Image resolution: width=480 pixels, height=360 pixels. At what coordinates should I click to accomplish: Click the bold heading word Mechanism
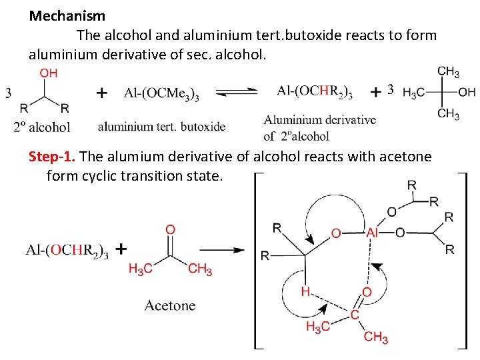[67, 15]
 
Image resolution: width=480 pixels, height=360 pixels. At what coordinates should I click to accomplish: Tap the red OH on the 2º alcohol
[49, 73]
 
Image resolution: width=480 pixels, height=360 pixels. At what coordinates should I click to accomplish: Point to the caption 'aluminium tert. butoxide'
[161, 126]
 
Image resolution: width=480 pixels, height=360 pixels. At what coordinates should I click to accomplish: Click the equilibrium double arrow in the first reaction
[237, 92]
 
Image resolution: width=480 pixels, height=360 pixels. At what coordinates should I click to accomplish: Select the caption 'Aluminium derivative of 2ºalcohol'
[319, 127]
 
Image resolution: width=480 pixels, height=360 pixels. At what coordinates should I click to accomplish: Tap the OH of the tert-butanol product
[467, 92]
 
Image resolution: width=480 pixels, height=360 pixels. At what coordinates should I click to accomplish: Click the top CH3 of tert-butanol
[448, 71]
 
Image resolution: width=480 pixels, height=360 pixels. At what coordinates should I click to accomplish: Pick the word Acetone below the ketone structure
[170, 305]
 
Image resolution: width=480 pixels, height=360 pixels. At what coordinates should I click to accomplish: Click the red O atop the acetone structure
[171, 229]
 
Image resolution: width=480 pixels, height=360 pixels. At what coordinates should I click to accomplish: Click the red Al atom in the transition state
[374, 233]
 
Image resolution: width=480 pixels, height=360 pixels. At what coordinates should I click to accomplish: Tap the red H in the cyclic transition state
[305, 291]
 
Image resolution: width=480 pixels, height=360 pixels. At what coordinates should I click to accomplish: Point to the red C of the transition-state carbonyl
[355, 314]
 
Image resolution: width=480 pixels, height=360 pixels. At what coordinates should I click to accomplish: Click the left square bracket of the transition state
[257, 260]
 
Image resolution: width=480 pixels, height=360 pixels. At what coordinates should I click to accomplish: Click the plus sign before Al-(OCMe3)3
[101, 93]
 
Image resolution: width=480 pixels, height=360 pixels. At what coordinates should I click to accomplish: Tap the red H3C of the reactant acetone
[140, 269]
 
